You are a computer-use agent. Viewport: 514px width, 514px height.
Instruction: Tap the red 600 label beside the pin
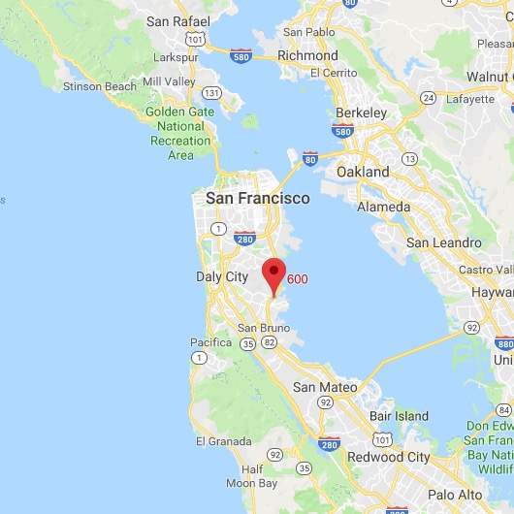pos(298,279)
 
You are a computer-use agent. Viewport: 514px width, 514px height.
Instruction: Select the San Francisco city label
pos(258,198)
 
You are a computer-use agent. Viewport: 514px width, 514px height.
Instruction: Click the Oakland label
pos(362,172)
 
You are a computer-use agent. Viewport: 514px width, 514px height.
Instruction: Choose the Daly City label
pos(223,276)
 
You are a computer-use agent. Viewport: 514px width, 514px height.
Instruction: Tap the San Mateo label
pos(325,387)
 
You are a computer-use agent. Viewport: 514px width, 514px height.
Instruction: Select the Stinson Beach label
pos(97,86)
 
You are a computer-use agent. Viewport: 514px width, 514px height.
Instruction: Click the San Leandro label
pos(443,242)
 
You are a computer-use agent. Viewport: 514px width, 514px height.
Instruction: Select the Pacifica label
pos(210,342)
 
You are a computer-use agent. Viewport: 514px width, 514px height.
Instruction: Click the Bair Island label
pos(399,416)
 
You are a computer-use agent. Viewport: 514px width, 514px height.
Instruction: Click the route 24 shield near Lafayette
pos(427,98)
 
